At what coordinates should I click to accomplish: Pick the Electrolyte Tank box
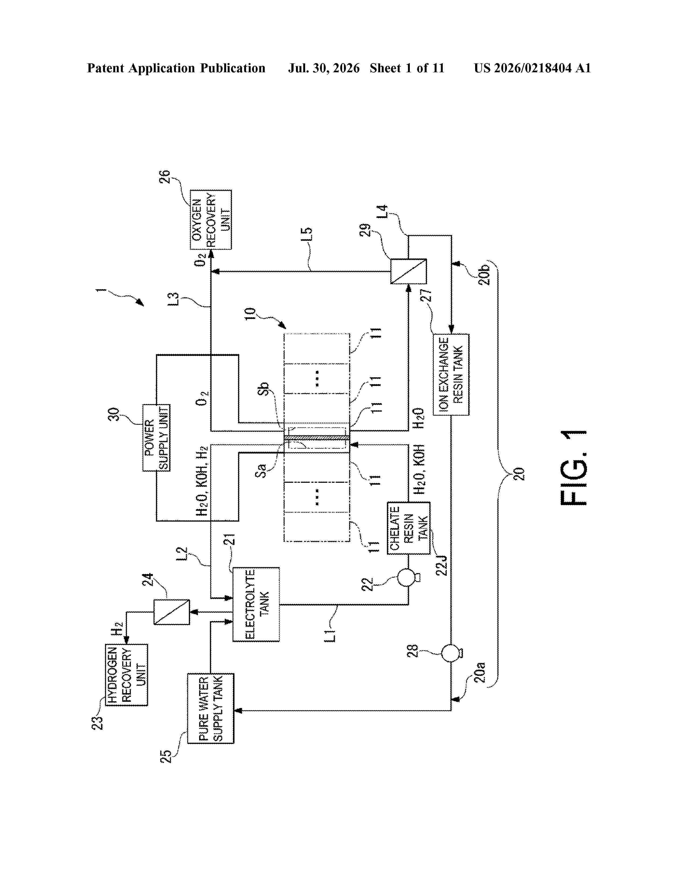tap(256, 604)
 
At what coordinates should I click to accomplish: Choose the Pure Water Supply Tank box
tap(211, 708)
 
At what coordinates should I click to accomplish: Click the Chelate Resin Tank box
tap(408, 528)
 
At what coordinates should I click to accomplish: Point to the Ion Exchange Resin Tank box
tap(451, 375)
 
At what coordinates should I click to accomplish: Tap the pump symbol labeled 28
tap(451, 653)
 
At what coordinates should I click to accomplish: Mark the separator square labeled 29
tap(408, 271)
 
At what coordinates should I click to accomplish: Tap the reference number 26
tap(164, 176)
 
